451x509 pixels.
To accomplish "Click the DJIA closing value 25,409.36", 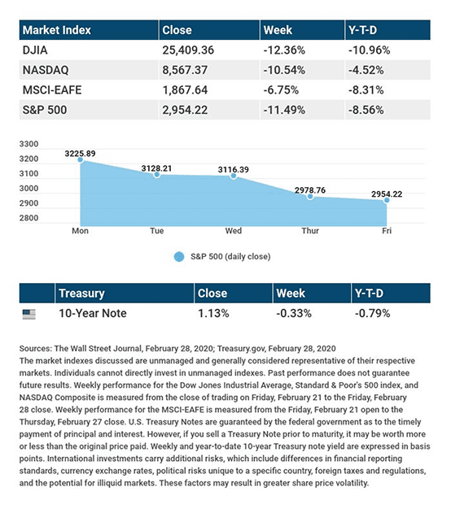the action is point(188,50).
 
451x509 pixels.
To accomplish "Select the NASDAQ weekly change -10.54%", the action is point(284,70).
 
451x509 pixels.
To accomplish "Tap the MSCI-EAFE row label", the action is point(52,90).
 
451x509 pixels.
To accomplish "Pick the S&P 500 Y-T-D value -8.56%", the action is point(366,110).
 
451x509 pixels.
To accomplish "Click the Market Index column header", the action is point(56,30).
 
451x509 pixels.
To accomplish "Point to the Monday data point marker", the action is point(81,159).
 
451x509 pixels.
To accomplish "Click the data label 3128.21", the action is point(156,168).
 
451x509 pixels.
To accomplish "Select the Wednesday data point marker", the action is point(234,176).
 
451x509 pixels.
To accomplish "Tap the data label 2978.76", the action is point(310,190).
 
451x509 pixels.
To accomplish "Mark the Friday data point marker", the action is point(387,200).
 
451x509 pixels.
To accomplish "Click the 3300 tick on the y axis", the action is point(29,144).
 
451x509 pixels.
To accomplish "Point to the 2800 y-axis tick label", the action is point(29,218).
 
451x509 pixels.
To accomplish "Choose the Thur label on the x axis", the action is point(310,231).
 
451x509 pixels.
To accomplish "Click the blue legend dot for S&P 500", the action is point(179,257).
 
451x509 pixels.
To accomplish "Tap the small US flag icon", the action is point(29,314).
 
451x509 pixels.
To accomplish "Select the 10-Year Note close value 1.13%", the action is point(213,313).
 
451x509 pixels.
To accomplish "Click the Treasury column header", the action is point(81,294).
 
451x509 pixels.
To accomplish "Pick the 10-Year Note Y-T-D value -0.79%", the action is point(372,313).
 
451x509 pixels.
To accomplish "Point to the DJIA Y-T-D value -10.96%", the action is point(369,50).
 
